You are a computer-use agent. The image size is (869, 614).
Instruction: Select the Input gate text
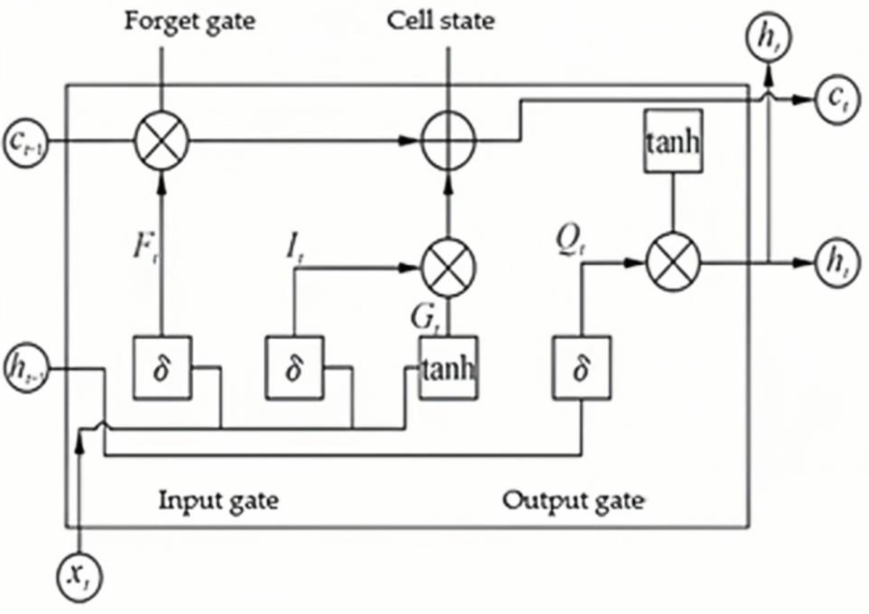(x=219, y=501)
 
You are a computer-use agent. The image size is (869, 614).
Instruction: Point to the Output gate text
(x=573, y=501)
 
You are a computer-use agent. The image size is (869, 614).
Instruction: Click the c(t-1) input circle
(x=26, y=142)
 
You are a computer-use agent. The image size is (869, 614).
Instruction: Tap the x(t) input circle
(x=79, y=577)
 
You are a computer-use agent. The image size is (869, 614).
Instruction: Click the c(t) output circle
(x=837, y=99)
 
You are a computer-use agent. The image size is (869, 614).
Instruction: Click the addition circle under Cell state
(x=448, y=141)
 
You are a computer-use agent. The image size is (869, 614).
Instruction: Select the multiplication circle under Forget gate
(x=162, y=141)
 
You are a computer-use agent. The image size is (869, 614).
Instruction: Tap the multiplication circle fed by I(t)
(x=448, y=268)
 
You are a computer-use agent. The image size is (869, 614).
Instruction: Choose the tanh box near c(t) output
(x=673, y=141)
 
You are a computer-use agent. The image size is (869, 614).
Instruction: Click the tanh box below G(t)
(x=448, y=368)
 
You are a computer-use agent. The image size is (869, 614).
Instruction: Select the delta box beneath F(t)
(x=162, y=368)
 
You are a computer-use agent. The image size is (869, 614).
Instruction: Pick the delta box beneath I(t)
(x=294, y=368)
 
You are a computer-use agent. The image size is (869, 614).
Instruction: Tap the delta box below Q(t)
(x=581, y=368)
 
